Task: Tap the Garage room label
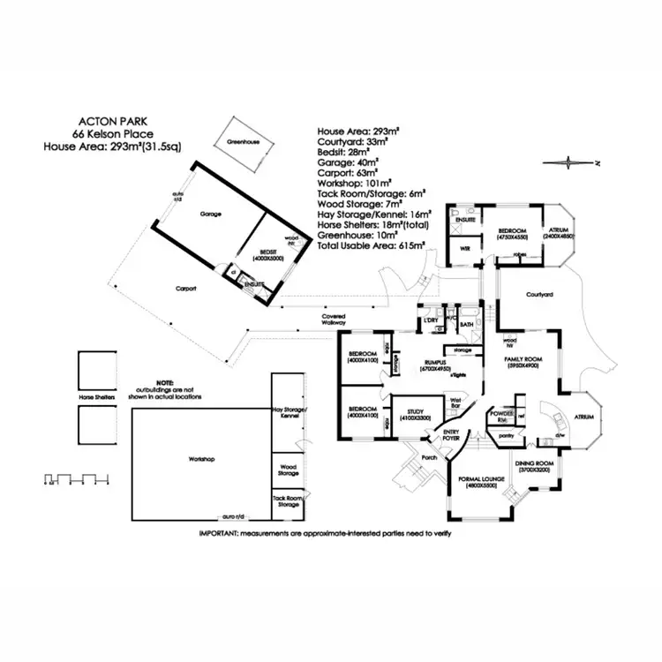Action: point(210,214)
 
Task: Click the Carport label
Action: point(185,289)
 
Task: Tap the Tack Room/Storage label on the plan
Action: point(287,502)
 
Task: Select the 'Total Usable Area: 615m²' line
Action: point(372,244)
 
